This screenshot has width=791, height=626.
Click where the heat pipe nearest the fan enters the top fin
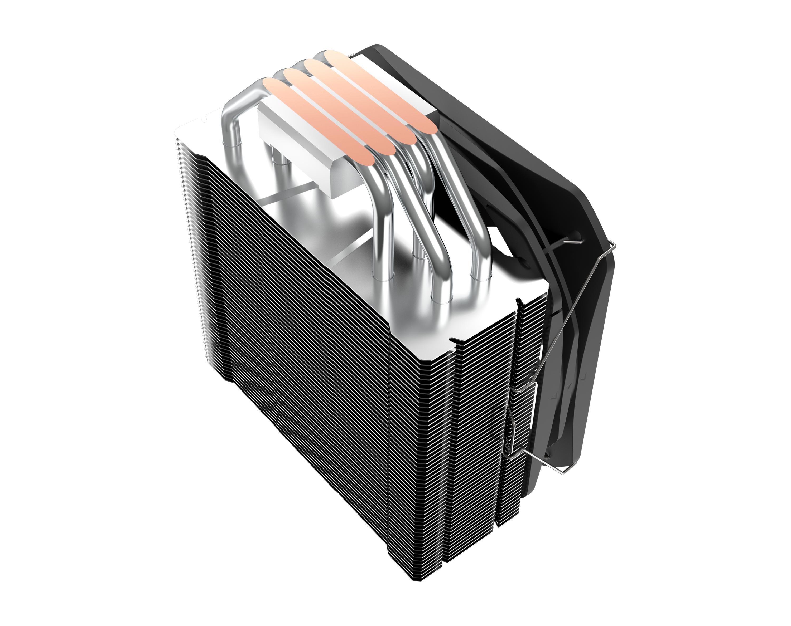tap(479, 280)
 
